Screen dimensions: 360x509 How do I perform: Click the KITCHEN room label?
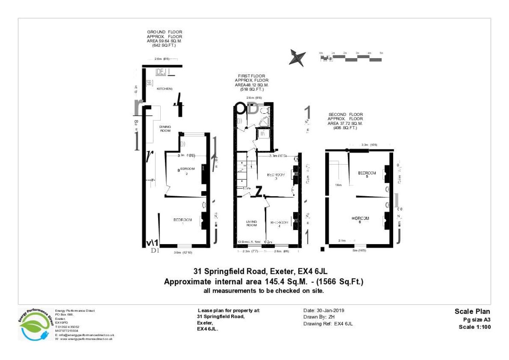(x=165, y=89)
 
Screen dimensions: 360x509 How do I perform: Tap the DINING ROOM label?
(x=165, y=129)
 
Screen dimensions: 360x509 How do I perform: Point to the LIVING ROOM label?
(x=252, y=223)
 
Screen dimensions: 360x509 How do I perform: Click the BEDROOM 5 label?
(x=367, y=174)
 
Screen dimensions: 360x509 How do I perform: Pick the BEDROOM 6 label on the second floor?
(x=360, y=219)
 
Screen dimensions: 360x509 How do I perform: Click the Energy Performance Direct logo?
(x=36, y=323)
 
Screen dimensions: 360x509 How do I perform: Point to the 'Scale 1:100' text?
(x=475, y=327)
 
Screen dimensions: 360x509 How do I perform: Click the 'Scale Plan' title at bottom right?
(x=473, y=311)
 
